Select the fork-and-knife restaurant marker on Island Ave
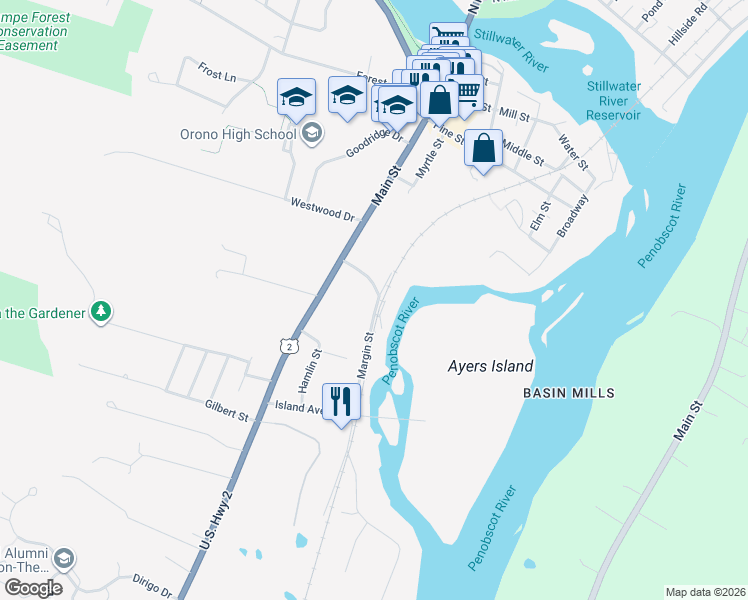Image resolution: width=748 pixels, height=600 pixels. pos(341,401)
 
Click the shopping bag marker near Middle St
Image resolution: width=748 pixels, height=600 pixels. pos(483,148)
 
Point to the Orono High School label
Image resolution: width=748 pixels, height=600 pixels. pos(239,134)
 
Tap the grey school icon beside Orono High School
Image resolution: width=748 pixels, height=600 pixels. pos(311,132)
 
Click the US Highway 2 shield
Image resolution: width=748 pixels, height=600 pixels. pos(288,345)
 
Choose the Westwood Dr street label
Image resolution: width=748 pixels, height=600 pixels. pos(323,209)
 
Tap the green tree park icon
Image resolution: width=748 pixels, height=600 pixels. pos(100,313)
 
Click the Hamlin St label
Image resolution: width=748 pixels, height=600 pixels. pos(308,368)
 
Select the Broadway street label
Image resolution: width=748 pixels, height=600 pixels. pos(573,215)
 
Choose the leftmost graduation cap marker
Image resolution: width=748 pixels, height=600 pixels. pos(296,97)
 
